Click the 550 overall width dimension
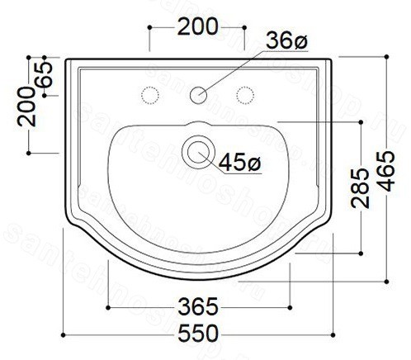[x=198, y=334]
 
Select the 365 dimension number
[x=198, y=306]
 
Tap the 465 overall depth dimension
[x=385, y=171]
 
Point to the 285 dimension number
[x=360, y=188]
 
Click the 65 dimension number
[x=44, y=74]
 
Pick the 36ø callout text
[x=286, y=40]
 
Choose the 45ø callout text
[x=240, y=163]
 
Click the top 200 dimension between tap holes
[x=197, y=26]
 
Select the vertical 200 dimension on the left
[x=26, y=107]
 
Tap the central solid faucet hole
[x=198, y=95]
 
